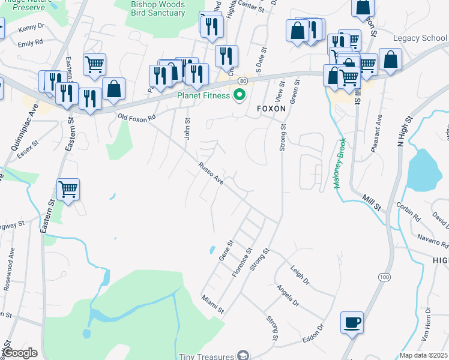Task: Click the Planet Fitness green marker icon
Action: click(240, 95)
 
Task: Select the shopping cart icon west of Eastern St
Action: click(68, 190)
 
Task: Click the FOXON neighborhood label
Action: click(273, 109)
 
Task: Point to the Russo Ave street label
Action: click(211, 173)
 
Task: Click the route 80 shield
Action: click(243, 80)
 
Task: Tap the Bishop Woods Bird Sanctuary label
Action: click(158, 8)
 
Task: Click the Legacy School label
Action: click(420, 38)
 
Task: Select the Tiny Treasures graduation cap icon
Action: click(243, 356)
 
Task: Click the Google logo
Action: click(20, 353)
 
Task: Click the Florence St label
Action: click(241, 263)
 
